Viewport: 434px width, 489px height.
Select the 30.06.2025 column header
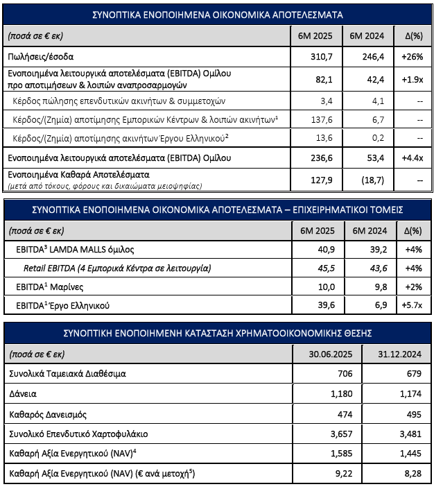(x=331, y=354)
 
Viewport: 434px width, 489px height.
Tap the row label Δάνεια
(x=22, y=393)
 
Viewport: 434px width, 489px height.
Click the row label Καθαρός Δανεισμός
(x=46, y=414)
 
